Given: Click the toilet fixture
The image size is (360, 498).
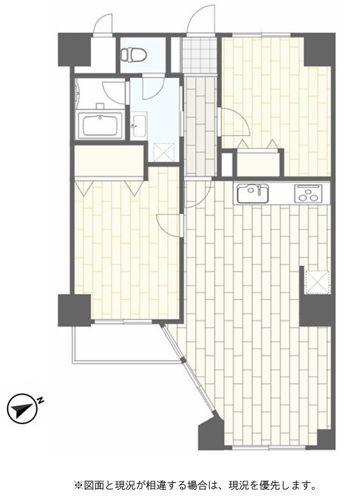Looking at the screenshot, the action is pos(134,54).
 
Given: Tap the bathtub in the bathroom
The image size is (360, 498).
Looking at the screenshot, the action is pos(100,125).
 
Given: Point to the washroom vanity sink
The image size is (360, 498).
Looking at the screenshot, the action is pos(139,125).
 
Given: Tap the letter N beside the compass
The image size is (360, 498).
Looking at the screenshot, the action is pos(41,400).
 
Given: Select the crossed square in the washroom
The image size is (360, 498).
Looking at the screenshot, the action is pos(163,152).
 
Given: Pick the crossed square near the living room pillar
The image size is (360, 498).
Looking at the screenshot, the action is pos(317,282).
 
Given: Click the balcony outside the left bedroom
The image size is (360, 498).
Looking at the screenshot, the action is pos(127,342).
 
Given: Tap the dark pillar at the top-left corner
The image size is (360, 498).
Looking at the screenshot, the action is pos(74,50).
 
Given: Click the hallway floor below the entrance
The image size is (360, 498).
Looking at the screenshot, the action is pos(200,126).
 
